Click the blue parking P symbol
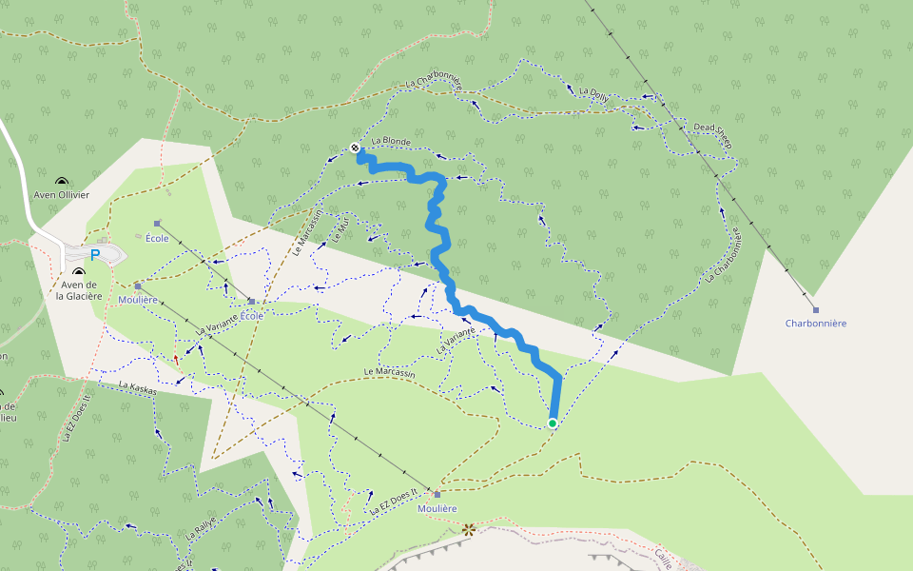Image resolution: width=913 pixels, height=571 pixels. (x=95, y=255)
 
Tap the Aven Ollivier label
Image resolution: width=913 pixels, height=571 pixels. (x=62, y=195)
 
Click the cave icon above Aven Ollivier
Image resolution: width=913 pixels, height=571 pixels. (x=62, y=181)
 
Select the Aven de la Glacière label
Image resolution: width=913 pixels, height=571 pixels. (x=79, y=290)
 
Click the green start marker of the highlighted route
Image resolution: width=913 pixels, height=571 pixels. (x=553, y=423)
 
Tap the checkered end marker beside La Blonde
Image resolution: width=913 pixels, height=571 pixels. (x=355, y=148)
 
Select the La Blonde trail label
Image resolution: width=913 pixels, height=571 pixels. (x=391, y=142)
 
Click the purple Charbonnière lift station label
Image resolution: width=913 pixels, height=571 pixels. (x=815, y=324)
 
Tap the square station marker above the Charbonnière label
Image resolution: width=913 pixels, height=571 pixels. (x=815, y=309)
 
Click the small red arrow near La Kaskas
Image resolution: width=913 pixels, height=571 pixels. (x=176, y=359)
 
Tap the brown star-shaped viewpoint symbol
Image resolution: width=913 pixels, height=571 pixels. (x=467, y=529)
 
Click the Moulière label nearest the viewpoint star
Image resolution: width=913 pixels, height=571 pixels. (x=437, y=508)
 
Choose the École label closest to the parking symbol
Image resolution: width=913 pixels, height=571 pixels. (x=157, y=238)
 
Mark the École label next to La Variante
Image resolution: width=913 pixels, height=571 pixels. (x=252, y=316)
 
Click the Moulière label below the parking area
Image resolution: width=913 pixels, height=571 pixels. (x=138, y=300)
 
